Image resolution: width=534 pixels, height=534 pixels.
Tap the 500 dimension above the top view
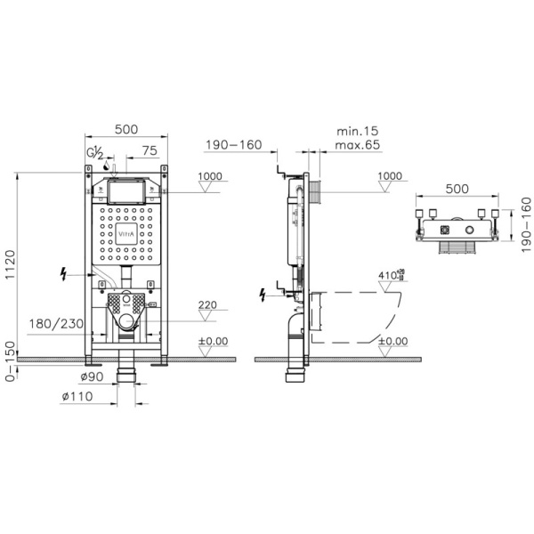point(457,190)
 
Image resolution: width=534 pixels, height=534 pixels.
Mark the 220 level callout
point(206,305)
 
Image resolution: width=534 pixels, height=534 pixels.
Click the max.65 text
point(357,144)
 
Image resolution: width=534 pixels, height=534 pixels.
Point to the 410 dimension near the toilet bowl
point(384,275)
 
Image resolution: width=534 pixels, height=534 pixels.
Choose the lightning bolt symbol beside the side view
point(263,293)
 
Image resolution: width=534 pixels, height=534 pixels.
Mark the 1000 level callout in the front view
point(210,176)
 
